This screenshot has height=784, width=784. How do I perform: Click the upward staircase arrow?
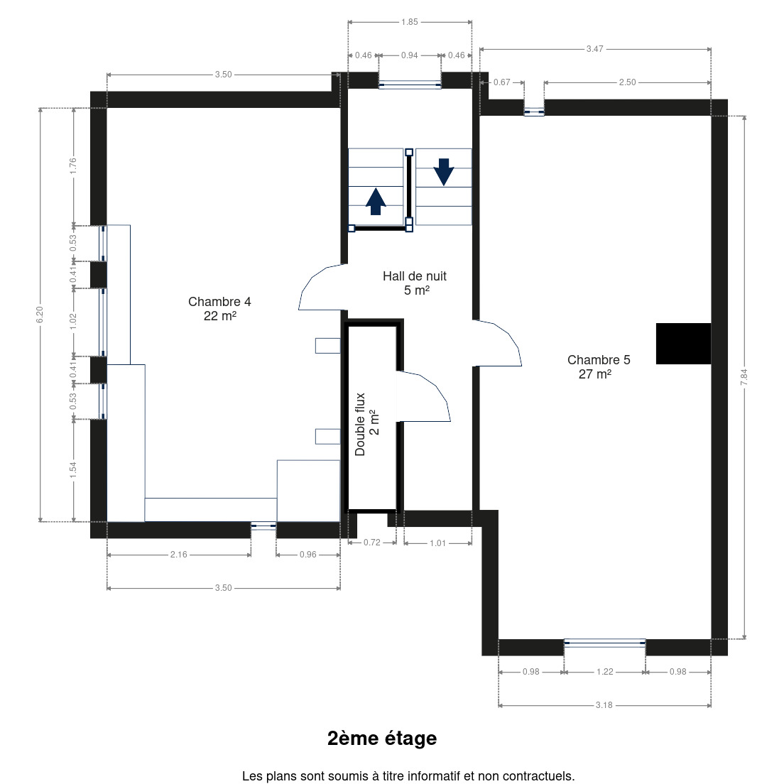point(376,201)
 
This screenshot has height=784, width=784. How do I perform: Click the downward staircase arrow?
point(444,172)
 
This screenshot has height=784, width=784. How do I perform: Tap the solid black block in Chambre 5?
point(683,344)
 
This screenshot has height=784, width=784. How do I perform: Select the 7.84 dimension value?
point(744,377)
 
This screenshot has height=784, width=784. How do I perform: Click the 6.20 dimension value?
point(40,315)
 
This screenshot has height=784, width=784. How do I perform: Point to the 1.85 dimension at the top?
point(410,22)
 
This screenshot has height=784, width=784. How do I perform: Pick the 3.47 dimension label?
point(594,49)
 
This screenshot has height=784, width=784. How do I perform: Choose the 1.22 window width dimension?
point(604,672)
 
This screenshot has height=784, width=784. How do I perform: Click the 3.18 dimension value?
point(604,705)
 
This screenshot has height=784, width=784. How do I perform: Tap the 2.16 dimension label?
point(178,555)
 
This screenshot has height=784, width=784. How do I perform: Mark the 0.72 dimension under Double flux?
point(372,543)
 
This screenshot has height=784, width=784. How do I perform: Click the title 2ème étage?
point(382,738)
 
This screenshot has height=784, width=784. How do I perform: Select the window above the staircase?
point(410,85)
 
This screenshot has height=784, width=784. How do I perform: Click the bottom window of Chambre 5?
point(604,643)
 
